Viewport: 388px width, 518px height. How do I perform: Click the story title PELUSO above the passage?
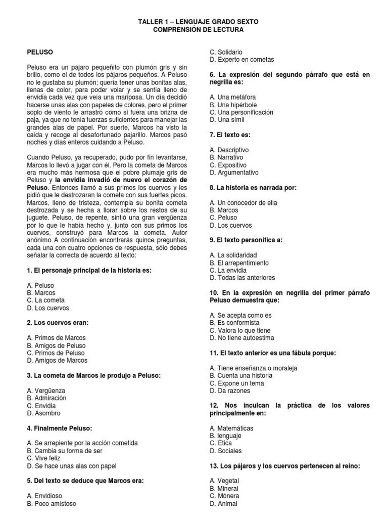coord(40,52)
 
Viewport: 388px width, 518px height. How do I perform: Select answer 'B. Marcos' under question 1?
coord(41,293)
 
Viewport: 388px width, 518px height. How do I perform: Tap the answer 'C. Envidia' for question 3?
coord(41,406)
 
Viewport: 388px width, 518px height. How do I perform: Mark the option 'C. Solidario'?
coord(226,52)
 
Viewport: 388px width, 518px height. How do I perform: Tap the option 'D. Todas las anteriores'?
coord(244,278)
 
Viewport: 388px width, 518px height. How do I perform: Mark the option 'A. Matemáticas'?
coord(231,428)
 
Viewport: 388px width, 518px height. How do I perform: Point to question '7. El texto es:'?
coord(230,135)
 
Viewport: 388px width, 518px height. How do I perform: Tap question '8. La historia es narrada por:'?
coord(253,187)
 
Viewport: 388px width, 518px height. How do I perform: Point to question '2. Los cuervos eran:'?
coord(58,323)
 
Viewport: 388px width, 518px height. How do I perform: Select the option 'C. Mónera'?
coord(225,496)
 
